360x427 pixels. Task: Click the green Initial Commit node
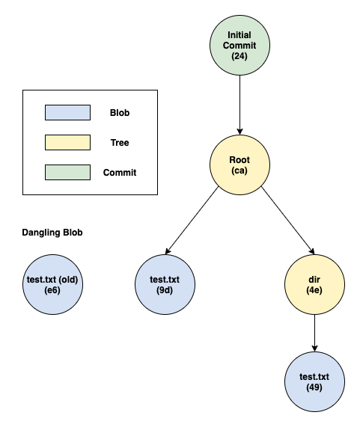pyautogui.click(x=240, y=45)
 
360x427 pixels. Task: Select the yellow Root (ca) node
pyautogui.click(x=240, y=165)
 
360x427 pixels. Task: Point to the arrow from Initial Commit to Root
pyautogui.click(x=240, y=105)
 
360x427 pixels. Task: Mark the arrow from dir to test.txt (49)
pyautogui.click(x=314, y=333)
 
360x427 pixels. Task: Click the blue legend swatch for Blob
pyautogui.click(x=67, y=112)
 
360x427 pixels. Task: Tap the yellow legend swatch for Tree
pyautogui.click(x=67, y=142)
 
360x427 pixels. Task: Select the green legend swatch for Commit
pyautogui.click(x=67, y=172)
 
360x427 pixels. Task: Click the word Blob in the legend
pyautogui.click(x=120, y=113)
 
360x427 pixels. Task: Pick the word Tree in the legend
pyautogui.click(x=120, y=143)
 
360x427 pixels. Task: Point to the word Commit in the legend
pyautogui.click(x=120, y=173)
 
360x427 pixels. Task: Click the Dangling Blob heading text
pyautogui.click(x=52, y=233)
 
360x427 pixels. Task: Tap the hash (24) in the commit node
pyautogui.click(x=240, y=57)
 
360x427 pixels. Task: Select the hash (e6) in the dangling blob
pyautogui.click(x=52, y=291)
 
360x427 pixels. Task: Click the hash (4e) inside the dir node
pyautogui.click(x=314, y=291)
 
